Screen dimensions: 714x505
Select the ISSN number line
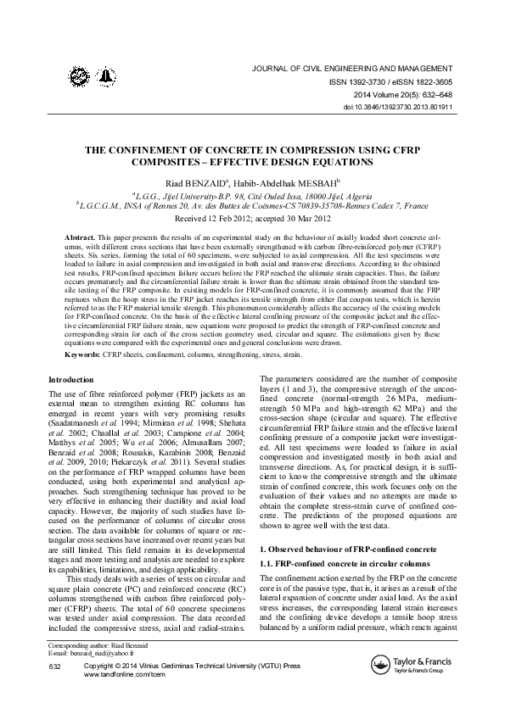(x=396, y=82)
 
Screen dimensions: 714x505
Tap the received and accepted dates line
(x=252, y=218)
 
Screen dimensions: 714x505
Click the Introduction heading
(x=71, y=379)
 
